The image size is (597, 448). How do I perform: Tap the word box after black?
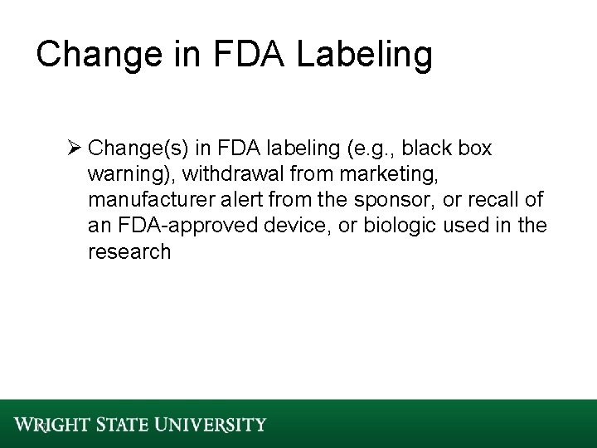tap(473, 149)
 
